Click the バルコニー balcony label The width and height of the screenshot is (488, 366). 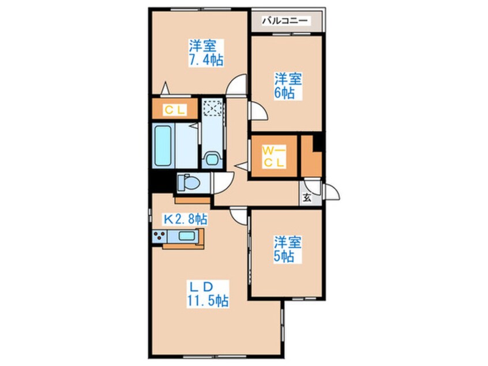tap(286, 21)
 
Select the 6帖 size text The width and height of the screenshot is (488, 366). tap(284, 93)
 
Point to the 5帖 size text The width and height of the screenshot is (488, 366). tap(284, 257)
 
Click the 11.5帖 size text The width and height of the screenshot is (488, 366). tap(207, 301)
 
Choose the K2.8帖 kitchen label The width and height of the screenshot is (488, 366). tap(186, 219)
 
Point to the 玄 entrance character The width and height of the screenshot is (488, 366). tap(307, 197)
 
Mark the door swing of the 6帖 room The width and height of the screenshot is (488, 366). tap(257, 111)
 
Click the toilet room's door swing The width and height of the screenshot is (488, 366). tap(222, 184)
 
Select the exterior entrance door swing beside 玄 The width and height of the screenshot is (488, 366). tap(331, 192)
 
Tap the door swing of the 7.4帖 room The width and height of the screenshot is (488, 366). tap(237, 88)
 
